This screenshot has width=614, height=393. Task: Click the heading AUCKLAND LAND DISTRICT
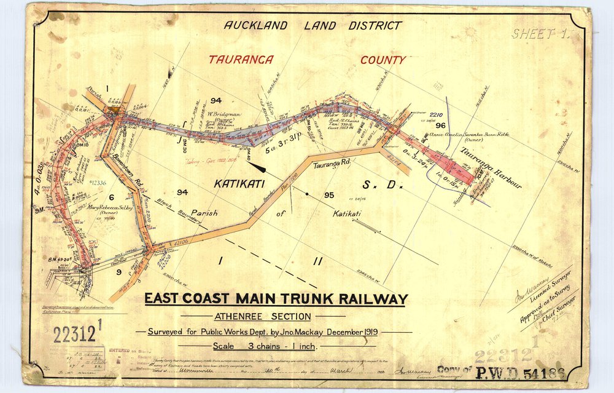click(x=313, y=26)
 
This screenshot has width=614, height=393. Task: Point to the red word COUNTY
click(x=383, y=60)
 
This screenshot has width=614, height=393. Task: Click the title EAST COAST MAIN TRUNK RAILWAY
click(x=276, y=300)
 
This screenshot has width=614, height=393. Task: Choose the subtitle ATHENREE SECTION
click(x=262, y=317)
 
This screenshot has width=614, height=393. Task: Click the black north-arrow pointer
click(x=257, y=166)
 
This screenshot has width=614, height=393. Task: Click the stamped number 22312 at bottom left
click(x=76, y=335)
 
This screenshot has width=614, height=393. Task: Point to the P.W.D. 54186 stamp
click(x=515, y=370)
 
